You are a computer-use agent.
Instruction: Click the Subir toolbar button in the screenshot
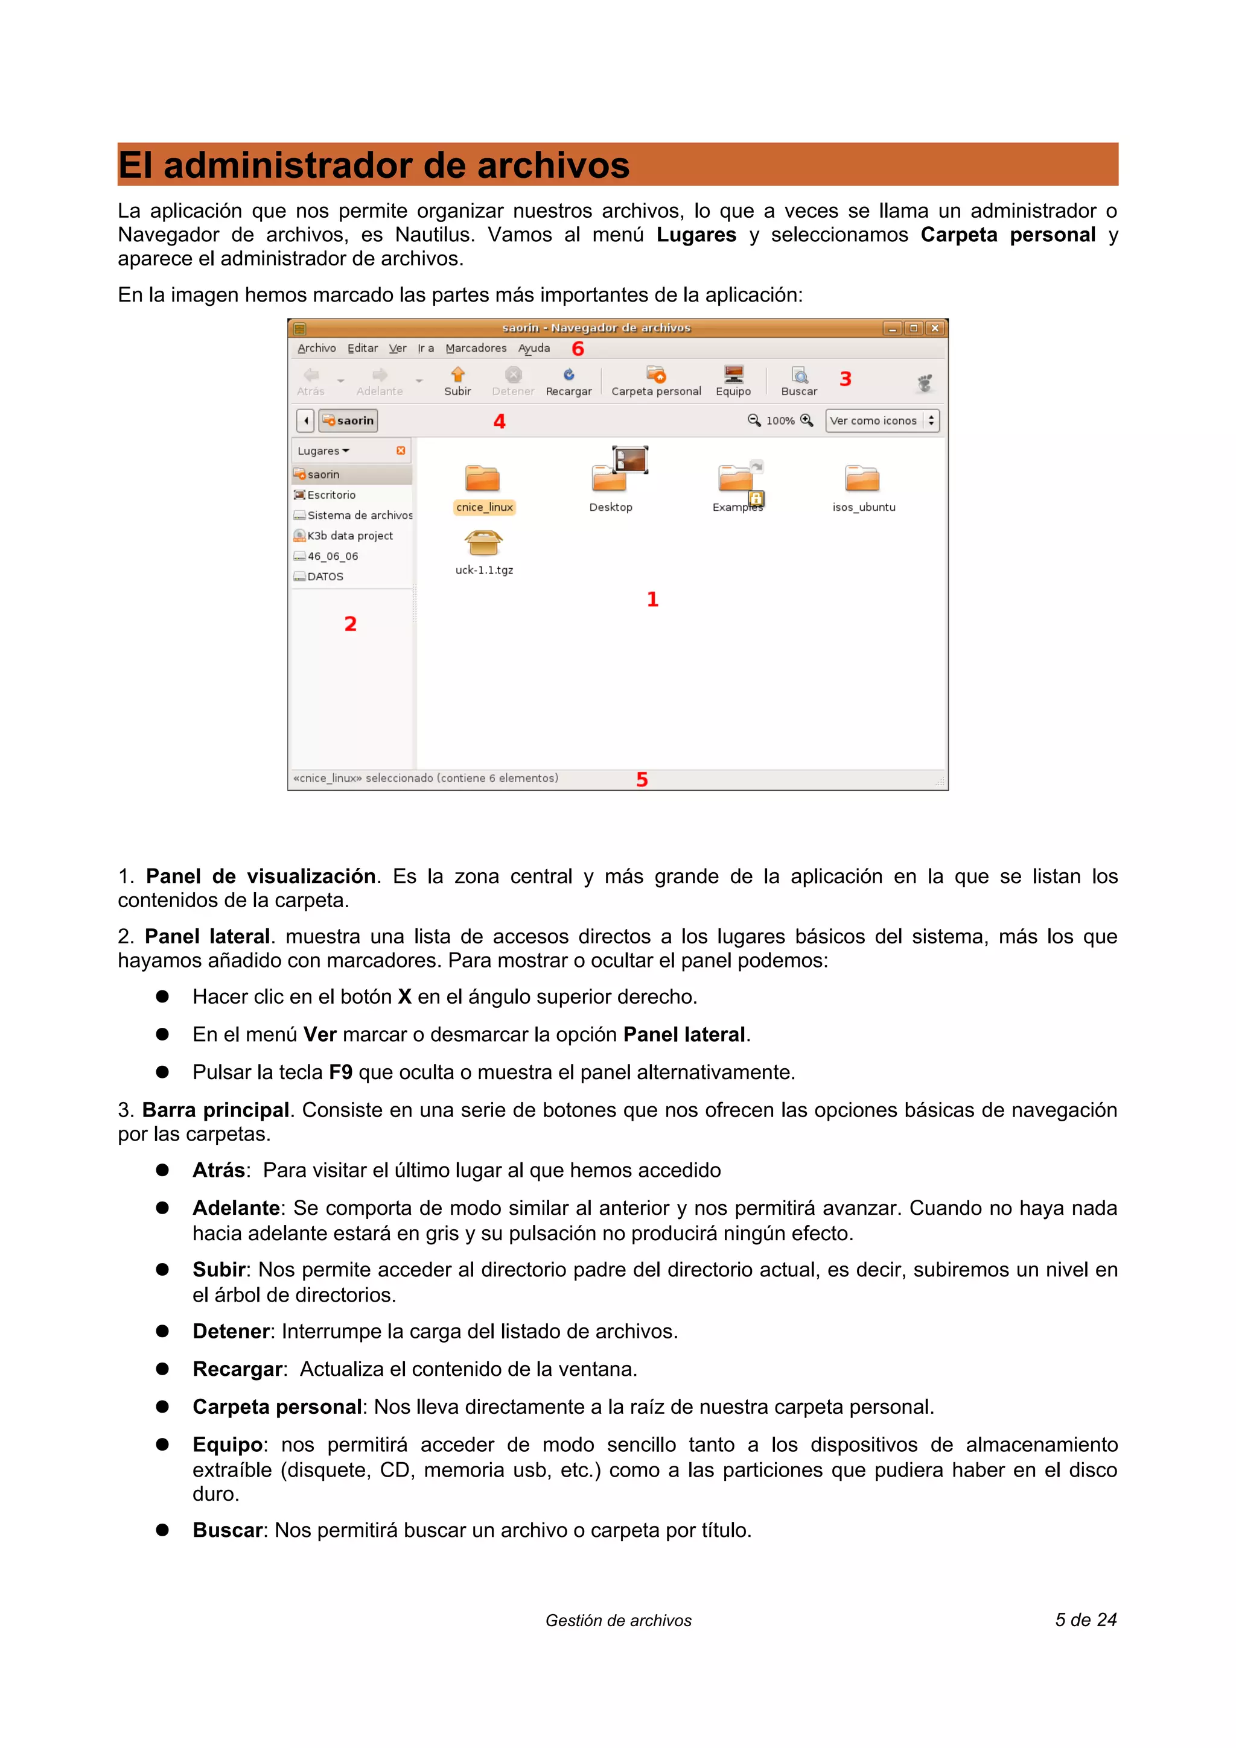457,380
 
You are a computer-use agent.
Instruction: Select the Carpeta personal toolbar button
655,380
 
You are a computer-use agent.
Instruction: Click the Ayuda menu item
534,348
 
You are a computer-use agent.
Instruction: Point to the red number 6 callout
578,349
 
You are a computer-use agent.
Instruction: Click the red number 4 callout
499,421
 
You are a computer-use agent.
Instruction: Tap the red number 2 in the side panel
350,624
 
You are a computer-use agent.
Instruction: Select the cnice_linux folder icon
482,479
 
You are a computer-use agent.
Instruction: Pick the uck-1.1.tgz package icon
483,543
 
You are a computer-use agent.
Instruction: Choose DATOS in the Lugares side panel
325,576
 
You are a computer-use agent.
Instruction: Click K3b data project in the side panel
349,535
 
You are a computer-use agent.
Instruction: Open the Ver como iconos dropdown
882,420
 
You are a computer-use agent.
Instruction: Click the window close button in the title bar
935,328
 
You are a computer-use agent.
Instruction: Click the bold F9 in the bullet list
340,1072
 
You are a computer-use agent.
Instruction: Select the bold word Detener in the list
231,1331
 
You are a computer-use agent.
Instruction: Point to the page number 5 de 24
1085,1620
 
